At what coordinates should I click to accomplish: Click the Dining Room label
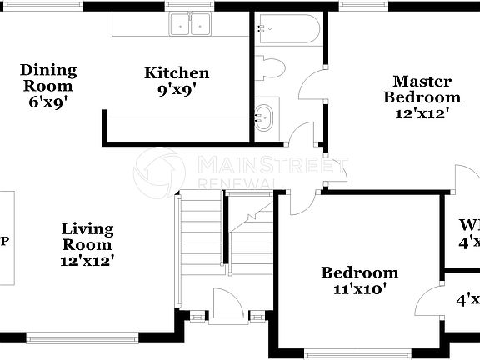[48, 77]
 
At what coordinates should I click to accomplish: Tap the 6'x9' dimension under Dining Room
[48, 103]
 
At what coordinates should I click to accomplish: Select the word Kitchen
[177, 73]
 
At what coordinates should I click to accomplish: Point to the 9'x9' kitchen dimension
[177, 88]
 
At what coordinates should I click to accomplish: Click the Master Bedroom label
[422, 88]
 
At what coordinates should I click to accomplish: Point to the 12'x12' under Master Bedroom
[422, 113]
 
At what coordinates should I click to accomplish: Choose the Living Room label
[87, 236]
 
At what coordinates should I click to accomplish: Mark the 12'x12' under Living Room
[87, 260]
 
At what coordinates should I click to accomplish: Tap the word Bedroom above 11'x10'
[360, 272]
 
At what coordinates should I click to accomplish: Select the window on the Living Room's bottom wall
[82, 338]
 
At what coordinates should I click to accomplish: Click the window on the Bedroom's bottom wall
[360, 354]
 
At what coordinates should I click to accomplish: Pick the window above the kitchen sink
[190, 5]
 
